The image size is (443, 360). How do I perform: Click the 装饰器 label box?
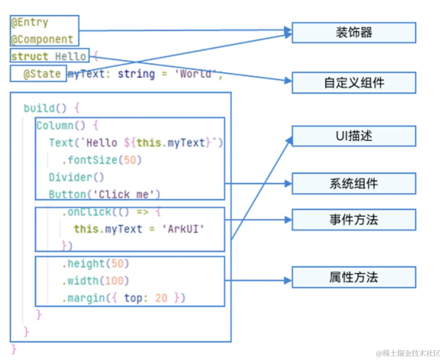click(353, 33)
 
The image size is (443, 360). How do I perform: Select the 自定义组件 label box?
click(353, 83)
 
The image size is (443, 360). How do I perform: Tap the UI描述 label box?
click(353, 136)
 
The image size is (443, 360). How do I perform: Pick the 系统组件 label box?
click(353, 184)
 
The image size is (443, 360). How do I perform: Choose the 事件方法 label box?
click(353, 220)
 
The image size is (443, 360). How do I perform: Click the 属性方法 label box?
click(353, 277)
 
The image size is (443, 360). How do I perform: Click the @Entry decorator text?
click(29, 23)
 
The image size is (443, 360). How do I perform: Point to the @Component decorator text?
click(42, 40)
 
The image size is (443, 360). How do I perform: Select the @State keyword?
click(42, 74)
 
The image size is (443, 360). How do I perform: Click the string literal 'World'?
click(196, 74)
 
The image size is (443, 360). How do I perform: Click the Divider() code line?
click(76, 177)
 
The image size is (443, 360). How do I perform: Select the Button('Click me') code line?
click(104, 195)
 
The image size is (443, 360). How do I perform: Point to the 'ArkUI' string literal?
click(183, 229)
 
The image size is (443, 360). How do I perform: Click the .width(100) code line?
click(95, 280)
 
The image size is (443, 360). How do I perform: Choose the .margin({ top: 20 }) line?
click(123, 298)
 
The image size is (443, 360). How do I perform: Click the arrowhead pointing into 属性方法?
click(287, 280)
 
